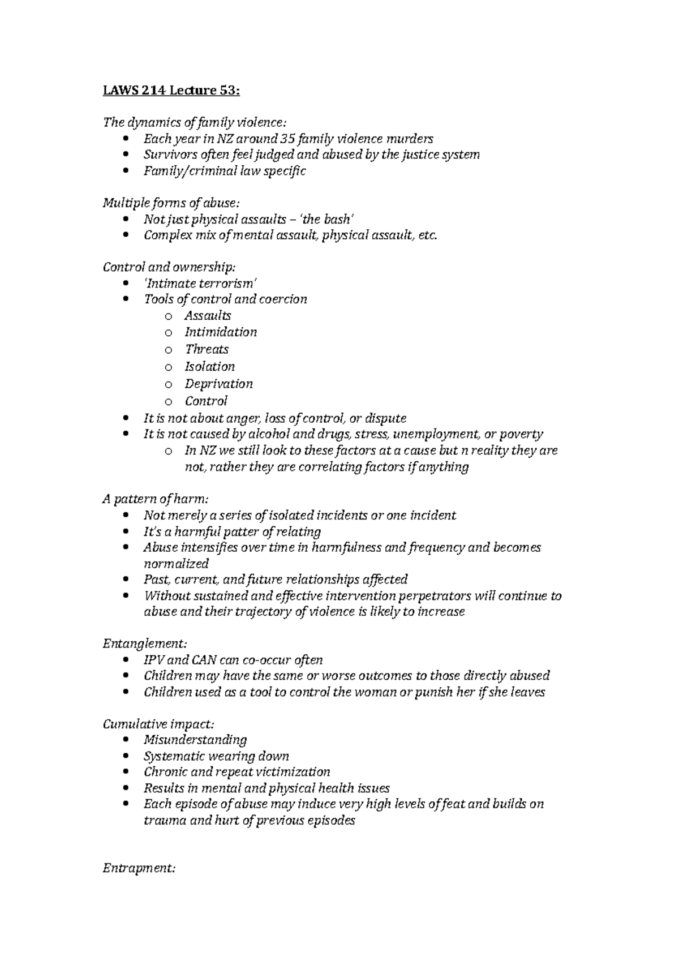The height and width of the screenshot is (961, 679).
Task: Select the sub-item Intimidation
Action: [221, 332]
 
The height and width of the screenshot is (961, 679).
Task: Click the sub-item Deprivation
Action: [218, 384]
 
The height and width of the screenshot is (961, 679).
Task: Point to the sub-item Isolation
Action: [209, 367]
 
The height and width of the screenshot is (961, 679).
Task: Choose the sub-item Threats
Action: [207, 349]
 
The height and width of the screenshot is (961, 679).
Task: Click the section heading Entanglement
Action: [145, 643]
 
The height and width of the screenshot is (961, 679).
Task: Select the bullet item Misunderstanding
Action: [195, 740]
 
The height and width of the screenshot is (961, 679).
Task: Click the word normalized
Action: [176, 564]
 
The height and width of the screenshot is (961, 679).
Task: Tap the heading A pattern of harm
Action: [156, 499]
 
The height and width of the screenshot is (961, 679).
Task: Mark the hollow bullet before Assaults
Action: [168, 316]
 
